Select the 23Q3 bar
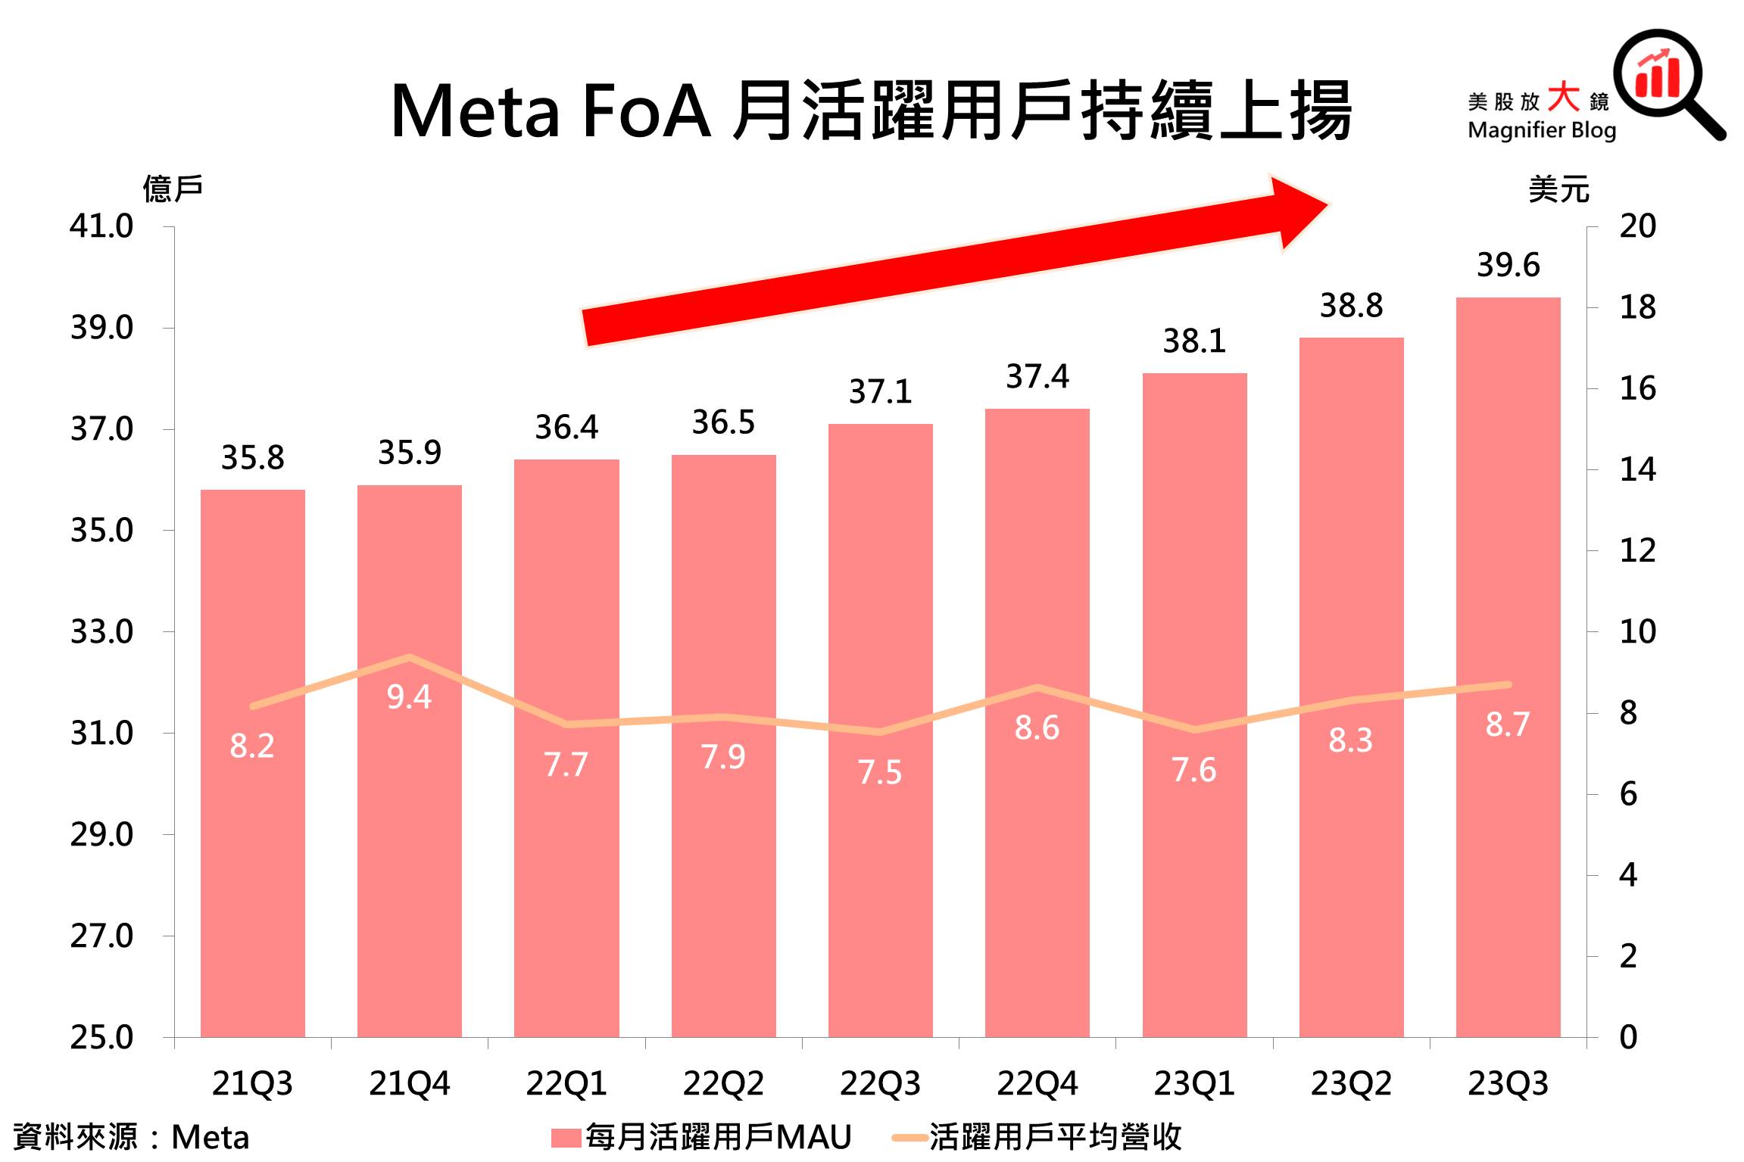1508,871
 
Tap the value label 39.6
1508,266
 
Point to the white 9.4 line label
409,697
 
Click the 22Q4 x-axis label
1037,1084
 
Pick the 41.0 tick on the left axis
101,226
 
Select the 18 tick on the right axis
1637,307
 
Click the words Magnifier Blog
1541,130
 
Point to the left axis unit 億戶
173,188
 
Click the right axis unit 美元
1558,188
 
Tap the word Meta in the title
475,113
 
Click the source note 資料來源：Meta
131,1137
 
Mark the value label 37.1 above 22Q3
880,392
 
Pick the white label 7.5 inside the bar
880,773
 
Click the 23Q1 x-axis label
1193,1084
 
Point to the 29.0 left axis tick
101,835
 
